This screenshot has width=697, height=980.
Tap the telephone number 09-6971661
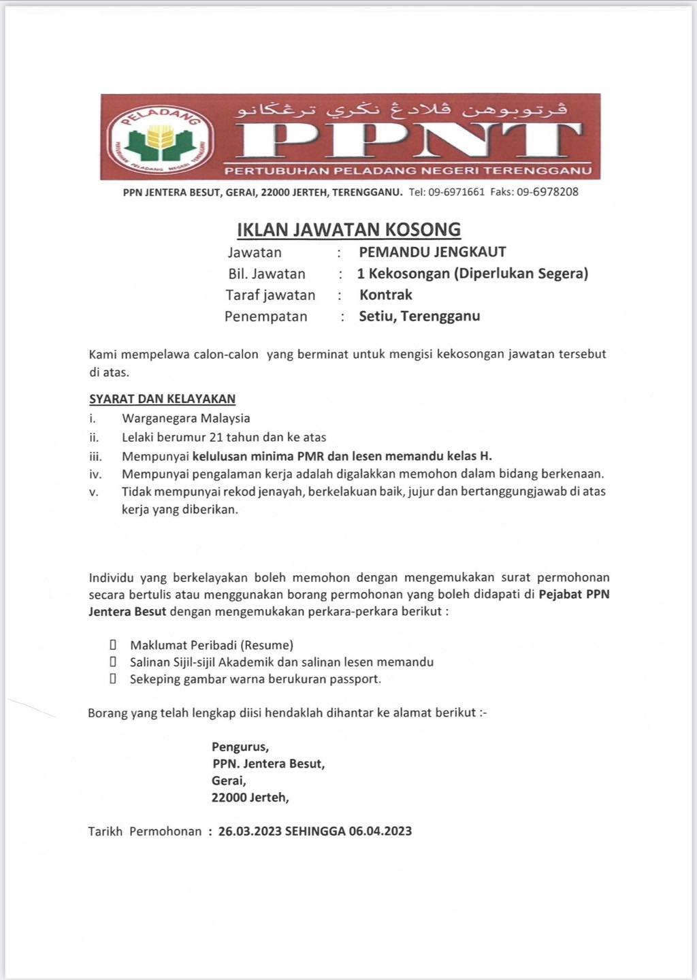[456, 192]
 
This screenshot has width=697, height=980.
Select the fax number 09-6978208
[547, 192]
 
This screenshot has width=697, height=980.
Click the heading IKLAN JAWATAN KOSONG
[348, 229]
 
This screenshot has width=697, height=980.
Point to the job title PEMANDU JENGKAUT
[432, 252]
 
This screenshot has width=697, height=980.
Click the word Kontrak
[386, 295]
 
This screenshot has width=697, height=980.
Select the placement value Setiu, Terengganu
[419, 316]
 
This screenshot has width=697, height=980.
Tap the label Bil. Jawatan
[266, 274]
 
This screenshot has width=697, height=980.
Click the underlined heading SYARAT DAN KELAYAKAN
[162, 399]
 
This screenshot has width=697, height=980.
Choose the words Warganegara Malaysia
[186, 419]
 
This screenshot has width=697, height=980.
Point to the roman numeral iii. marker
[95, 457]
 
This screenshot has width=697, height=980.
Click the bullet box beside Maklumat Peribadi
[114, 644]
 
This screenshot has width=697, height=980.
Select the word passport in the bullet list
[354, 679]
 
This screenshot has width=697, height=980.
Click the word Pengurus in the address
[240, 747]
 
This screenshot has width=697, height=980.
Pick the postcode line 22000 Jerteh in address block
[250, 798]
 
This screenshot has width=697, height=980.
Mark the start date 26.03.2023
[250, 831]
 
